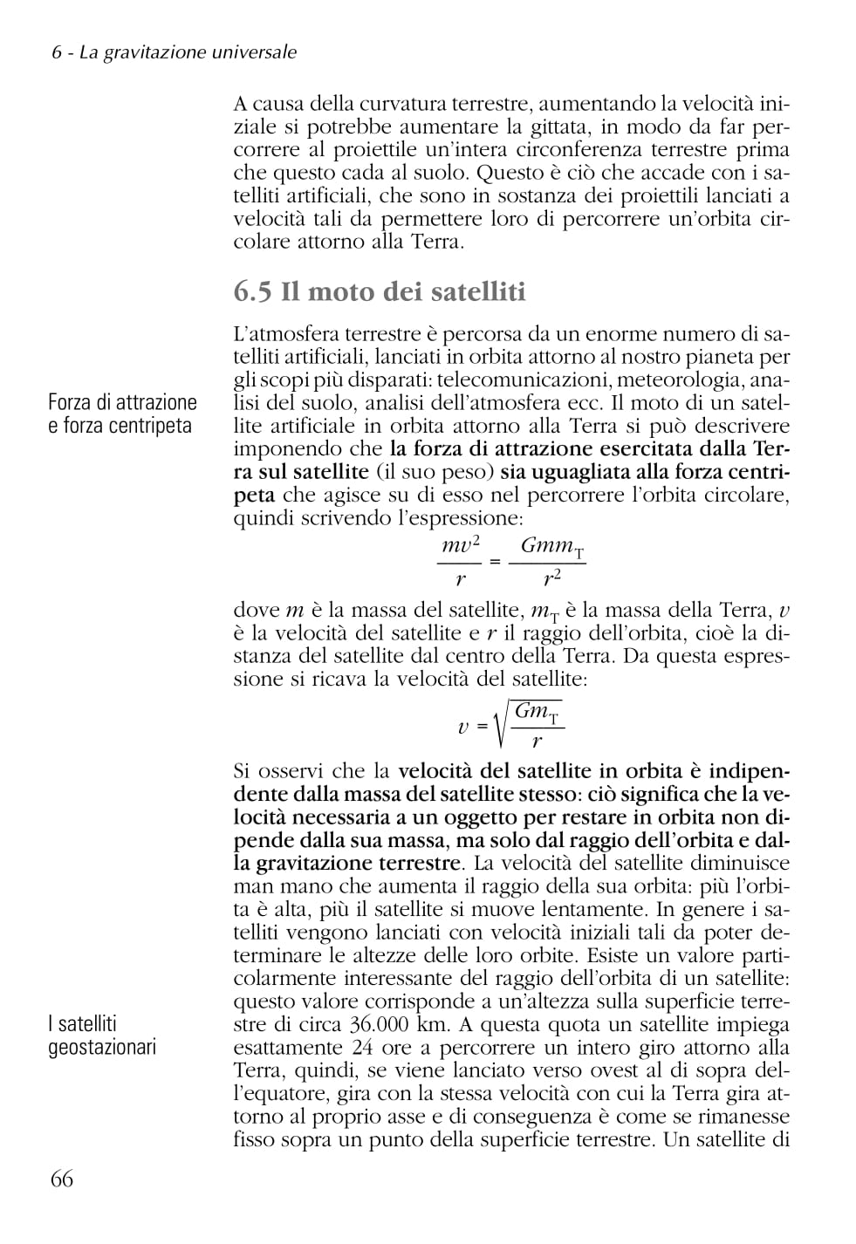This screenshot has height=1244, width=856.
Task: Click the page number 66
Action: point(62,1179)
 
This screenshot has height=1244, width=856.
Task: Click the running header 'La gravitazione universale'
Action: point(188,52)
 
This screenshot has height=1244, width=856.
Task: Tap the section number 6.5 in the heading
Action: point(253,291)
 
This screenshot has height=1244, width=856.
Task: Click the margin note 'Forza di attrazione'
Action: point(122,402)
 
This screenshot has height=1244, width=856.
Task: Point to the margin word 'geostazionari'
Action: point(102,1047)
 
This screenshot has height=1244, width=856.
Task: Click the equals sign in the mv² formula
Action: point(495,561)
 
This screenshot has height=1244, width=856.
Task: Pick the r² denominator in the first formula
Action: point(551,578)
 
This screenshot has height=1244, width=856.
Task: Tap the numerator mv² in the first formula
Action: point(460,546)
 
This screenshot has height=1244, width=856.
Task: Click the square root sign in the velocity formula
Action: point(500,727)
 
